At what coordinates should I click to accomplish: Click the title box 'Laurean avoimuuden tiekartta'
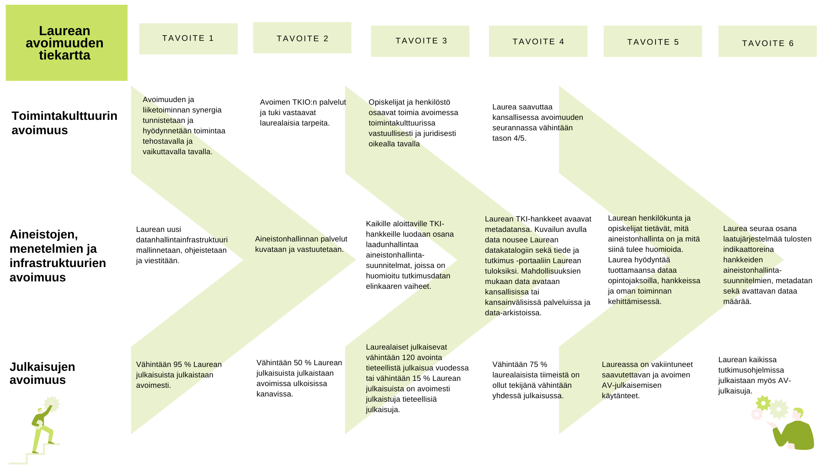[x=66, y=43]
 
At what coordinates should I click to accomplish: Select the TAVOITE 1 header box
[x=188, y=39]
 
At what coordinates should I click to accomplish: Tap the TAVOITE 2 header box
[x=302, y=38]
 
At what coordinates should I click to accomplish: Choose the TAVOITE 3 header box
[x=420, y=41]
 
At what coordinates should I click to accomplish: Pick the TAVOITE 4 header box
[x=538, y=41]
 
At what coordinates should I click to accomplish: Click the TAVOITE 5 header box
[x=653, y=41]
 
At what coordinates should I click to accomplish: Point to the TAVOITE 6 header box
[x=767, y=41]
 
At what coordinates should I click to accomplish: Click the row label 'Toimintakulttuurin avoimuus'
[x=64, y=123]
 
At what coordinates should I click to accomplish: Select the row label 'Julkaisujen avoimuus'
[x=43, y=373]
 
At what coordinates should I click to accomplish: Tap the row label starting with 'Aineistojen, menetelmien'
[x=58, y=256]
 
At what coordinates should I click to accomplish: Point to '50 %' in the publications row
[x=303, y=363]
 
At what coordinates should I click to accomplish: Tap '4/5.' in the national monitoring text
[x=520, y=139]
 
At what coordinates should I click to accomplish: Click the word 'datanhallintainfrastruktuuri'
[x=182, y=240]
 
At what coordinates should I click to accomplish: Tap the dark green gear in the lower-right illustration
[x=763, y=403]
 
